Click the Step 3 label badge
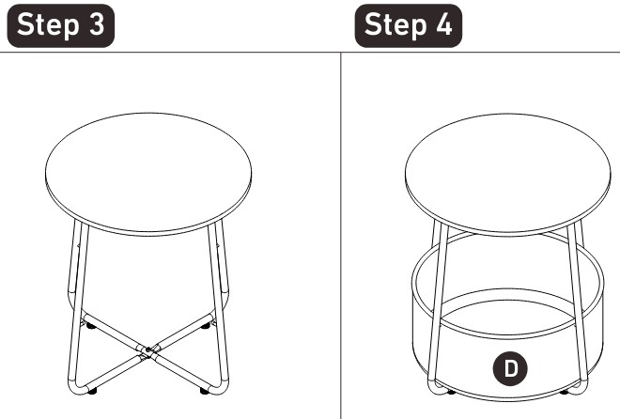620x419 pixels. (61, 25)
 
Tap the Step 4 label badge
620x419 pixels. (409, 25)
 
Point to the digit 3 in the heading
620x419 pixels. (97, 24)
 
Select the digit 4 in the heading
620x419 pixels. (444, 24)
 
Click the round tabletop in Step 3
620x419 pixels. (148, 174)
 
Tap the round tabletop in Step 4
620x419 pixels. (507, 174)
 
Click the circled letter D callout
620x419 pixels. (510, 368)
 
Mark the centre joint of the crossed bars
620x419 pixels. (147, 350)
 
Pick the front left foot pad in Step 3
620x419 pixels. (92, 391)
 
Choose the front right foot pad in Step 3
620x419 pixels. (205, 391)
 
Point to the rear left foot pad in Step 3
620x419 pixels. (90, 326)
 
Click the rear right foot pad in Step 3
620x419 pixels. (206, 326)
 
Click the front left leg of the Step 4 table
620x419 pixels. (438, 308)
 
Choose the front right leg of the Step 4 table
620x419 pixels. (578, 308)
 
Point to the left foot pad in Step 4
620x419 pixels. (451, 392)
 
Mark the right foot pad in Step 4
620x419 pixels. (565, 392)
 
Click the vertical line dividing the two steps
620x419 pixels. (341, 235)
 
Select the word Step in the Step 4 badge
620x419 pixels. (395, 25)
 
